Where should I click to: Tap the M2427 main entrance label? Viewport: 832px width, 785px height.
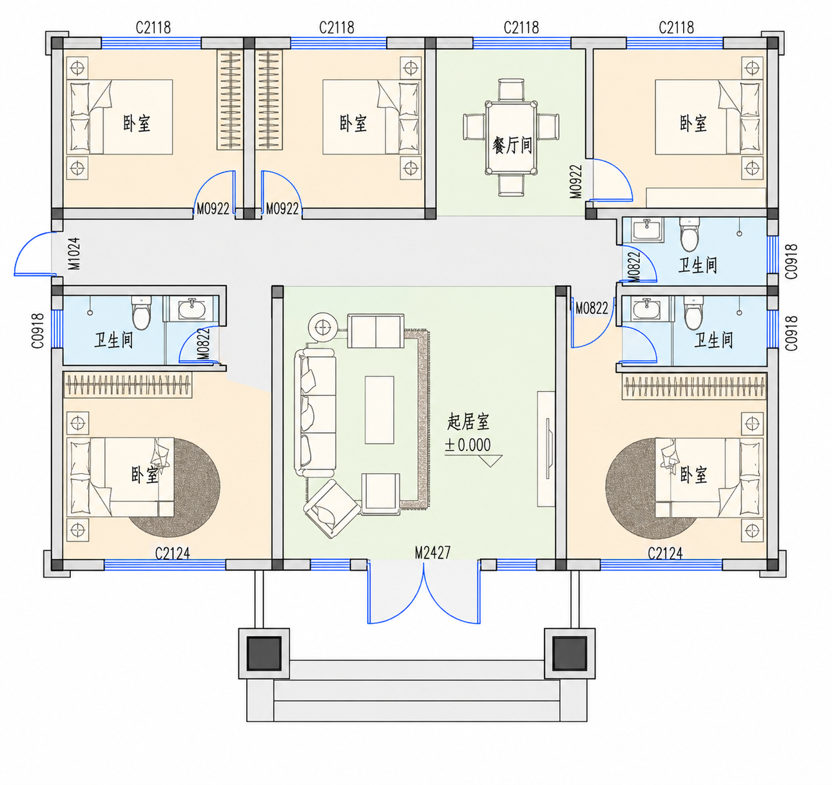(433, 553)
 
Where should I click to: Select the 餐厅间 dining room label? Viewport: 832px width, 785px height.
(512, 146)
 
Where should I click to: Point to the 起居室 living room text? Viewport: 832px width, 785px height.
(468, 422)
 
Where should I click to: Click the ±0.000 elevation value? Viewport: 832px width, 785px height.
(467, 445)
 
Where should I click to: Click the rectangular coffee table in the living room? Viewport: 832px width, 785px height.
(379, 409)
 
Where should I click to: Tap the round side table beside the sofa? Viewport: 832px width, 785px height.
(323, 327)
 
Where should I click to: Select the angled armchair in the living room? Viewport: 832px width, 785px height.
(331, 509)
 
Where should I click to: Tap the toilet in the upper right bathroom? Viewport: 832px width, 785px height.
(689, 235)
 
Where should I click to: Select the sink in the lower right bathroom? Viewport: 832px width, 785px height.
(646, 309)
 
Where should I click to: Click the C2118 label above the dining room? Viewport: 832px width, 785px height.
(521, 28)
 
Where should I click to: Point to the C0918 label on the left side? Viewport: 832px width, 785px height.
(38, 331)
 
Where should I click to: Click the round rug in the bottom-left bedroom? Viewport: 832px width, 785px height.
(174, 488)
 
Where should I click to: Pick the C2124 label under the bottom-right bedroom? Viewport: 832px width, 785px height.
(665, 554)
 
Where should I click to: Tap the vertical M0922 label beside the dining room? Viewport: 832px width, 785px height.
(576, 182)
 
